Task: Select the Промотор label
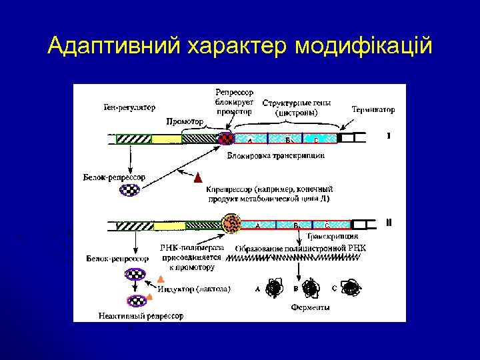pos(184,123)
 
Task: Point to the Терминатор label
pos(373,109)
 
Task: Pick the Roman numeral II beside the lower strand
pos(389,223)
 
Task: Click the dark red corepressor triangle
pos(197,179)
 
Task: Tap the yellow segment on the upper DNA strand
pos(167,139)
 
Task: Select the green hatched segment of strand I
pos(133,139)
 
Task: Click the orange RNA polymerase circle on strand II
pos(232,223)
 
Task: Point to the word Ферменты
pos(310,308)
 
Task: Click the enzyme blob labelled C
pos(350,288)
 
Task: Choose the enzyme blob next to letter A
pos(273,289)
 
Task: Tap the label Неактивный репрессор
pos(141,315)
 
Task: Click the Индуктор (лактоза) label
pos(195,289)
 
